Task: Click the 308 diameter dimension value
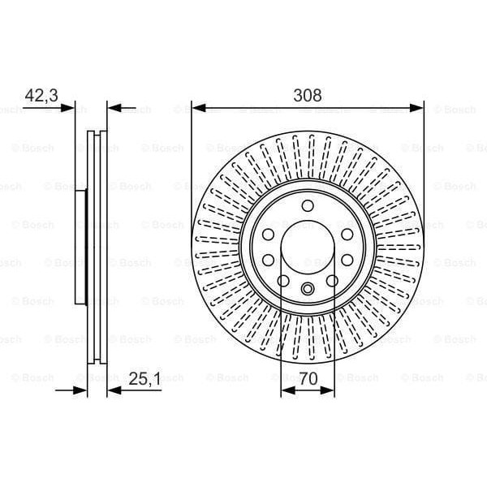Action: pos(308,95)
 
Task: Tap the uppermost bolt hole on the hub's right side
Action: pos(347,234)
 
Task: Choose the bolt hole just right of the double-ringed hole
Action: pos(331,281)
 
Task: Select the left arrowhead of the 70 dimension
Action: pos(285,390)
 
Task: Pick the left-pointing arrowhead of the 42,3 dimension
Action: pos(113,107)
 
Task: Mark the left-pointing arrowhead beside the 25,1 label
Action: pos(113,390)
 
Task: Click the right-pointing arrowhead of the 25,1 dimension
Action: pos(81,390)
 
